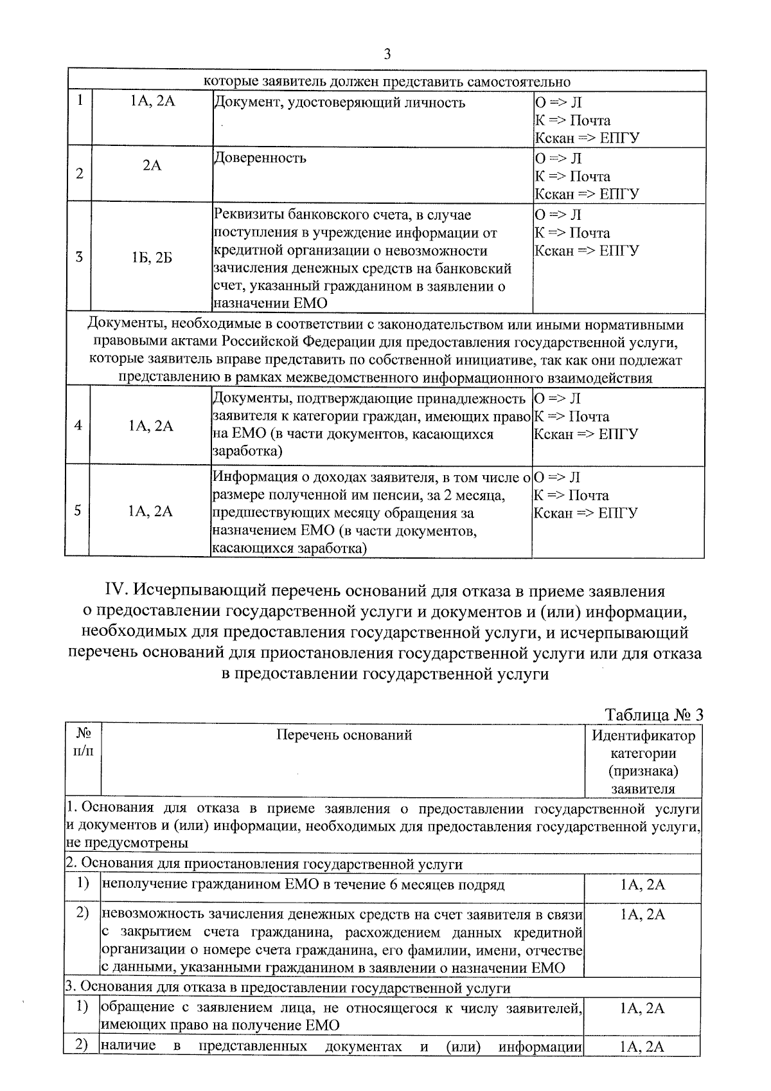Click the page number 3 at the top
click(387, 53)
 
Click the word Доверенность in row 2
click(260, 158)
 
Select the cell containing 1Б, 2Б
click(152, 258)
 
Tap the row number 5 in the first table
click(77, 511)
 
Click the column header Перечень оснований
click(344, 735)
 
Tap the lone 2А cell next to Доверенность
click(152, 166)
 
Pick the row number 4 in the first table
click(78, 426)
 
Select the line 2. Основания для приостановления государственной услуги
click(263, 864)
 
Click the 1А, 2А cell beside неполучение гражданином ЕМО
click(642, 885)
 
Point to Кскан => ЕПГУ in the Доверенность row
click(587, 194)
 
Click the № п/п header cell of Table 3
click(83, 743)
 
